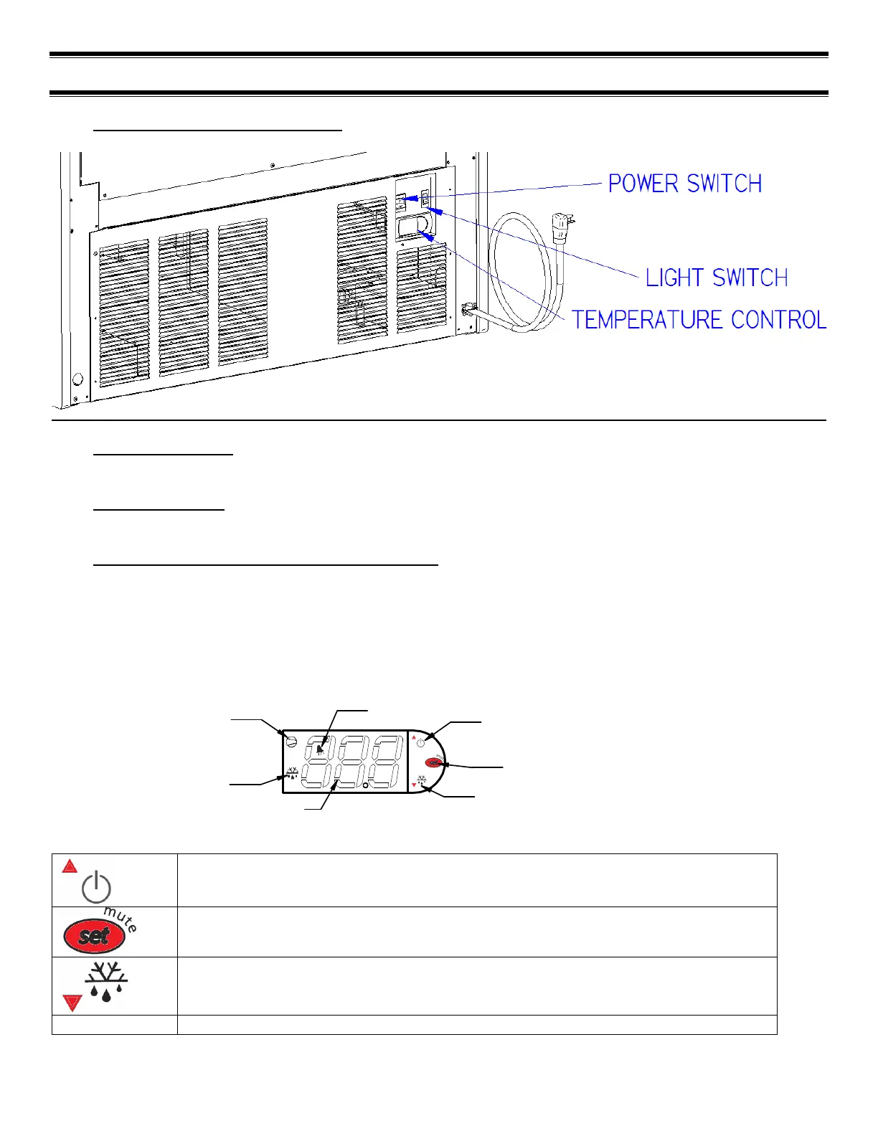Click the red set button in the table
(x=94, y=936)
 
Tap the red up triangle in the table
(x=70, y=866)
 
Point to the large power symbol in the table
(x=96, y=889)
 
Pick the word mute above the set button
(x=121, y=917)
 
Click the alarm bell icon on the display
(x=318, y=750)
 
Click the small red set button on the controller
(x=433, y=762)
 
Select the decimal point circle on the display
(x=365, y=786)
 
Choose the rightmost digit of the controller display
(x=384, y=762)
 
